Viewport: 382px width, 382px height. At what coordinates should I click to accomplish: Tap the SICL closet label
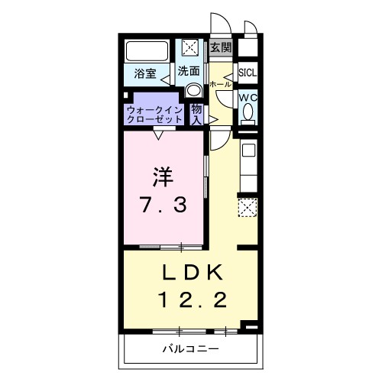(x=248, y=73)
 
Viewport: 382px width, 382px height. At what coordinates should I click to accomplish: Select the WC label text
(x=248, y=99)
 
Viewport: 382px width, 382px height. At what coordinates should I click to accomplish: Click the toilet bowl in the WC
(x=248, y=113)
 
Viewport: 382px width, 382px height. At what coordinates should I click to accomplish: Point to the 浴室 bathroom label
(x=146, y=74)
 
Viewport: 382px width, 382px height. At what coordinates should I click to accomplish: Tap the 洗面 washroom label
(x=189, y=71)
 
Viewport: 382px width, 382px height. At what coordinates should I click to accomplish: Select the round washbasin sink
(x=193, y=89)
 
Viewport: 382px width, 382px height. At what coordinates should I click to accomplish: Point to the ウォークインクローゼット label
(x=155, y=115)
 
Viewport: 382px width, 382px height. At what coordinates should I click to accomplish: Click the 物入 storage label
(x=196, y=114)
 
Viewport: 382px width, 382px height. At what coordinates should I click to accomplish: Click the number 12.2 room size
(x=192, y=300)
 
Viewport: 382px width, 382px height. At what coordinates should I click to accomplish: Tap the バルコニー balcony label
(x=190, y=349)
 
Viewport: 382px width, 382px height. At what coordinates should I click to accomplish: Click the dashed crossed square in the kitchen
(x=248, y=207)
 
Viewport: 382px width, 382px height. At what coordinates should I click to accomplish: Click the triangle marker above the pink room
(x=158, y=135)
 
